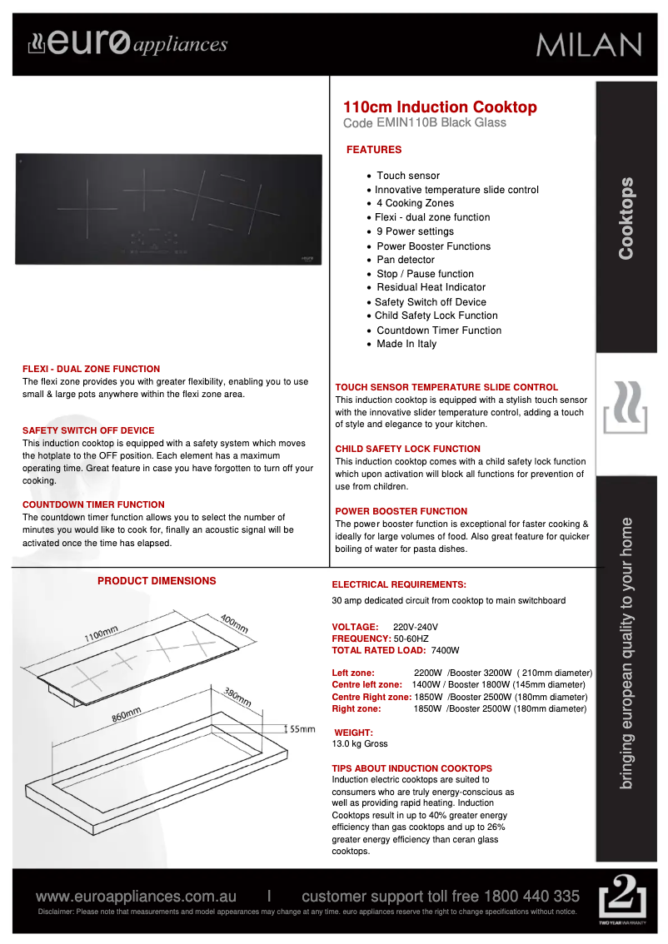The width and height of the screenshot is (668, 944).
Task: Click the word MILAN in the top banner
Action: coord(588,45)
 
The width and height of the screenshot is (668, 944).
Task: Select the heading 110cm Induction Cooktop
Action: coord(440,107)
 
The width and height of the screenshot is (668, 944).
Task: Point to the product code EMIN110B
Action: coord(406,123)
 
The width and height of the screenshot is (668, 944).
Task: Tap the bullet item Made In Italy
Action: coord(406,344)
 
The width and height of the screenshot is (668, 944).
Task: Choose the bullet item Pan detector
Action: coord(405,260)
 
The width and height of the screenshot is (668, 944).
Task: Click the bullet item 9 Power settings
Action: coord(415,231)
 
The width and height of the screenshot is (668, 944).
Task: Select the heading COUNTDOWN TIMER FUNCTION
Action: coord(93,504)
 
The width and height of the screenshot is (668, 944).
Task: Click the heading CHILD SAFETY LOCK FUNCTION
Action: coord(407,449)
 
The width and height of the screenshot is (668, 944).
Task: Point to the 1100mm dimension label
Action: coord(100,635)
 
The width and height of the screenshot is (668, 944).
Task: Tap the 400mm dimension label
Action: coord(234,624)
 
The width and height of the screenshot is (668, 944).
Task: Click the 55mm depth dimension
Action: coord(302,728)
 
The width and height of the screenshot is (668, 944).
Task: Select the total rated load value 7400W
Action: coord(446,650)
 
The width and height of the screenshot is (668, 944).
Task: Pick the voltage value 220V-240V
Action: coord(415,626)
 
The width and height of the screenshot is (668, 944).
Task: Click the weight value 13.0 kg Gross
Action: coord(360,743)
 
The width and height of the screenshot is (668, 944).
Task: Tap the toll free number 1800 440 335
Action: coord(532,897)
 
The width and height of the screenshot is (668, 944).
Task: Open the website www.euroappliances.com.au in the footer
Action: coord(136,897)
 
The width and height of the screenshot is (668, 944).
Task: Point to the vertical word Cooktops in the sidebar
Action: coord(626,218)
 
